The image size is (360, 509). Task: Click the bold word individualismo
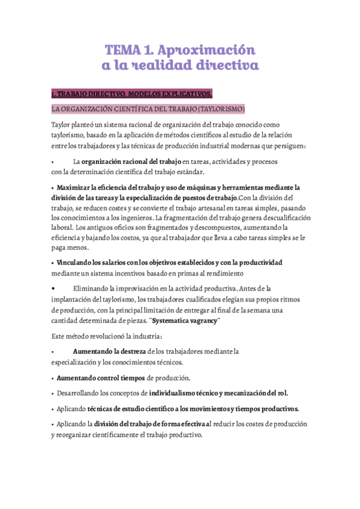click(x=178, y=393)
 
